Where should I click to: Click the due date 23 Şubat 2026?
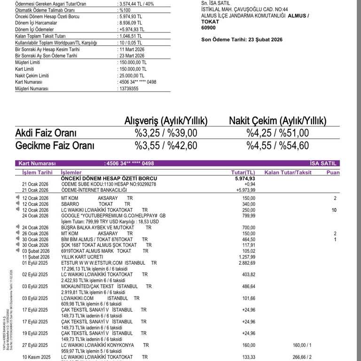point(263,40)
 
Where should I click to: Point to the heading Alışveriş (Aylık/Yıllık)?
point(165,120)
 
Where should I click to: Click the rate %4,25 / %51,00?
point(278,133)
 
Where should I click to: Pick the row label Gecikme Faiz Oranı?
point(55,146)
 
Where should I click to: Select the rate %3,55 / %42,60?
point(166,146)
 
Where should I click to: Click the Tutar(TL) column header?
point(243,173)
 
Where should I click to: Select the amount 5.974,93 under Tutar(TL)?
point(245,179)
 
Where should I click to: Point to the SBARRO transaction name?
point(71,204)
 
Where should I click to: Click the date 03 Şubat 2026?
point(35,251)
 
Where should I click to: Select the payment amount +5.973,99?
point(245,190)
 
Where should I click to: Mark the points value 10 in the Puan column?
point(334,210)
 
